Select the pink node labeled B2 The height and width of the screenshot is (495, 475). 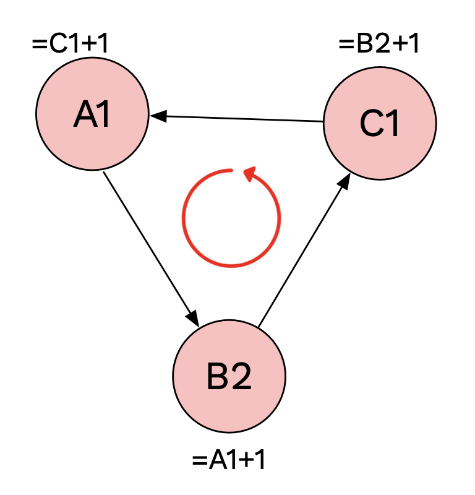229,376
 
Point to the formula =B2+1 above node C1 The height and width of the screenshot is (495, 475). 379,45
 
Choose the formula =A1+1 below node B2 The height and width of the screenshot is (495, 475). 229,460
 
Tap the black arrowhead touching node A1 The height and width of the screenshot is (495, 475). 157,115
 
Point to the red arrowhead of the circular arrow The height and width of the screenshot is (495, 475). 251,175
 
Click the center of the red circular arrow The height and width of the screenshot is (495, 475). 231,218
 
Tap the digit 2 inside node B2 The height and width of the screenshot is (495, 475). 242,377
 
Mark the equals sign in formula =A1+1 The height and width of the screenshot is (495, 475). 199,461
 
